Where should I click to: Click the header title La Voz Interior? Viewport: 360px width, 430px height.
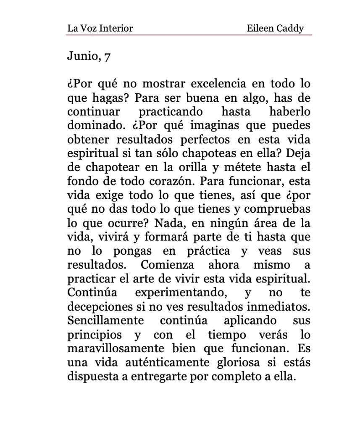(100, 29)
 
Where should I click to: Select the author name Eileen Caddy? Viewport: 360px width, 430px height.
(275, 29)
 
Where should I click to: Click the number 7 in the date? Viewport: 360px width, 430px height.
(107, 57)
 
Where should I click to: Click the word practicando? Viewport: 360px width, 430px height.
(171, 112)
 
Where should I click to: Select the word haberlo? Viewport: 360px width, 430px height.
(289, 112)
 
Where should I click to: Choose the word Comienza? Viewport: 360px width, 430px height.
(167, 265)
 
